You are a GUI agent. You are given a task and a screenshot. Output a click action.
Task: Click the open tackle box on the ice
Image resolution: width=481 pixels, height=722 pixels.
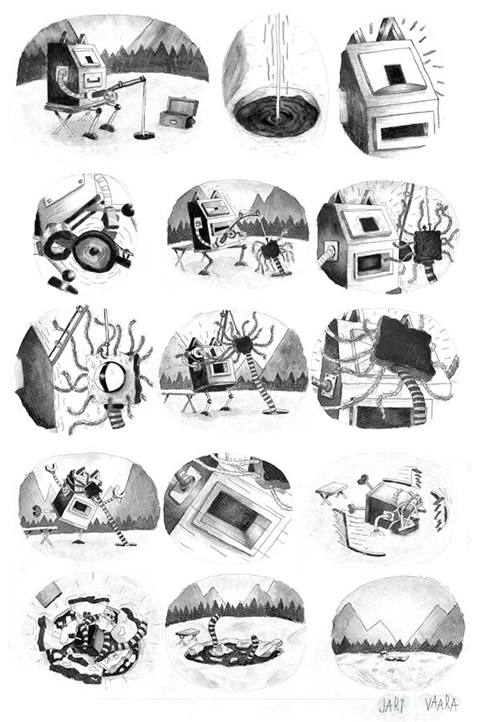179,112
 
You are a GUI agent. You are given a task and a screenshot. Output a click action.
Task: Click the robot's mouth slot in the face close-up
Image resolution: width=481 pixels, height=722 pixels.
405,132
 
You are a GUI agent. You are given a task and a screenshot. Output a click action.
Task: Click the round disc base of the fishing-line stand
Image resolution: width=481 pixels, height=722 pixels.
144,135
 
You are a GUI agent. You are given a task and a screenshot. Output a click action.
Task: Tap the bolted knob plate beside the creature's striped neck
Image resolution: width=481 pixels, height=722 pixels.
329,387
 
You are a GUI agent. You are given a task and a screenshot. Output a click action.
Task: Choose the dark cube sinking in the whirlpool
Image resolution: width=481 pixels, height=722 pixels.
95,640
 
